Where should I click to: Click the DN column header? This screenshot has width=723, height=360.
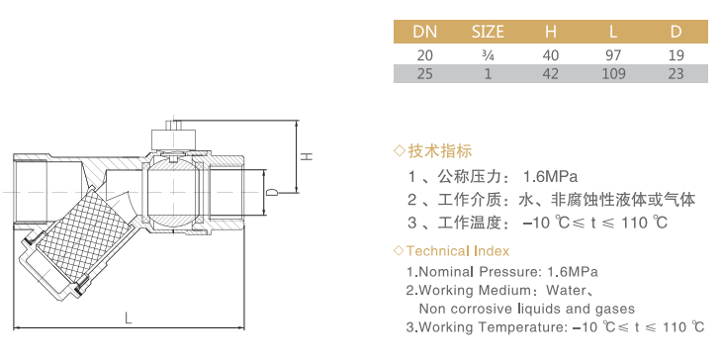point(424,32)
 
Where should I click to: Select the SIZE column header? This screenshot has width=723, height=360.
point(488,32)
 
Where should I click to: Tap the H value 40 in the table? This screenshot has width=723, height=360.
point(551,55)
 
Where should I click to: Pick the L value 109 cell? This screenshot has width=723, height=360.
point(613,74)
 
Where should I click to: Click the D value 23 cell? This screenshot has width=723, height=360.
point(676,74)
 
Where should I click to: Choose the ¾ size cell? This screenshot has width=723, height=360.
point(488,55)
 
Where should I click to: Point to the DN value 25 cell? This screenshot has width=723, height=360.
point(424,74)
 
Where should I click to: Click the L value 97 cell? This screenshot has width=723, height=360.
point(613,55)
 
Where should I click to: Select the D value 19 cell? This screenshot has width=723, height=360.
point(676,55)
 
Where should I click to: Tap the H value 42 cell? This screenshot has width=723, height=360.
point(551,74)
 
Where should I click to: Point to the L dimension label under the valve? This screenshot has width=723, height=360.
point(129,317)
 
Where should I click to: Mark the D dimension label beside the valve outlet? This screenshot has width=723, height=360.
point(273,192)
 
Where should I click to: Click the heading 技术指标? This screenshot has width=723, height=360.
point(440,150)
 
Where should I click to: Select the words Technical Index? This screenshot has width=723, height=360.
point(457,251)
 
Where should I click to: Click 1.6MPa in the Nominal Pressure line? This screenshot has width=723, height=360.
point(572,272)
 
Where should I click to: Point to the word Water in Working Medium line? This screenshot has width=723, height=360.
point(564,291)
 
